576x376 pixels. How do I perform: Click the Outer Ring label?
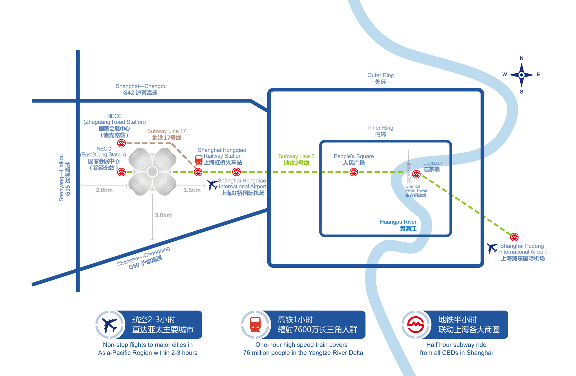coord(380,78)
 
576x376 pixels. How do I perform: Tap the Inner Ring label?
coord(380,131)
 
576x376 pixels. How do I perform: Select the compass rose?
coord(522,75)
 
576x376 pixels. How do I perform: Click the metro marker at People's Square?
coord(354,172)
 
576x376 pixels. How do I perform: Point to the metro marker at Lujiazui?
coord(416,174)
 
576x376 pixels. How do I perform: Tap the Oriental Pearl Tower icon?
coord(409,168)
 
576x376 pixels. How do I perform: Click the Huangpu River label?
coord(398,225)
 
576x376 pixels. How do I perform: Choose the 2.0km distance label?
coord(104,190)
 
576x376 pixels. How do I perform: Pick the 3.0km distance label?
coord(163,215)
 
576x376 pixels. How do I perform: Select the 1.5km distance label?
coord(192,190)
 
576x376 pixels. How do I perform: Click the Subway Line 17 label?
coord(166,134)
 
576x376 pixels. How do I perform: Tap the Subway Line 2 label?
coord(296,159)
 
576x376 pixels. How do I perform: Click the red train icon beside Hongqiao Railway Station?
coord(199,160)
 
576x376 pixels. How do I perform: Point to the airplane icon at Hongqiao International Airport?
coord(212,185)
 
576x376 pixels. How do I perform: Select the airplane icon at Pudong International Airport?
coord(492,248)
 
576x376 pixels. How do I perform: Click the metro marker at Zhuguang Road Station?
coord(121,143)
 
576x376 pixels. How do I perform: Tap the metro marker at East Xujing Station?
coord(121,172)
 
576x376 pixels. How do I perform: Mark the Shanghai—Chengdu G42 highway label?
coord(141,89)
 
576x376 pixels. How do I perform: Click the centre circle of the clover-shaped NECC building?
coord(152,171)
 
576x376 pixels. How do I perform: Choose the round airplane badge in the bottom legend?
coord(109,325)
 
